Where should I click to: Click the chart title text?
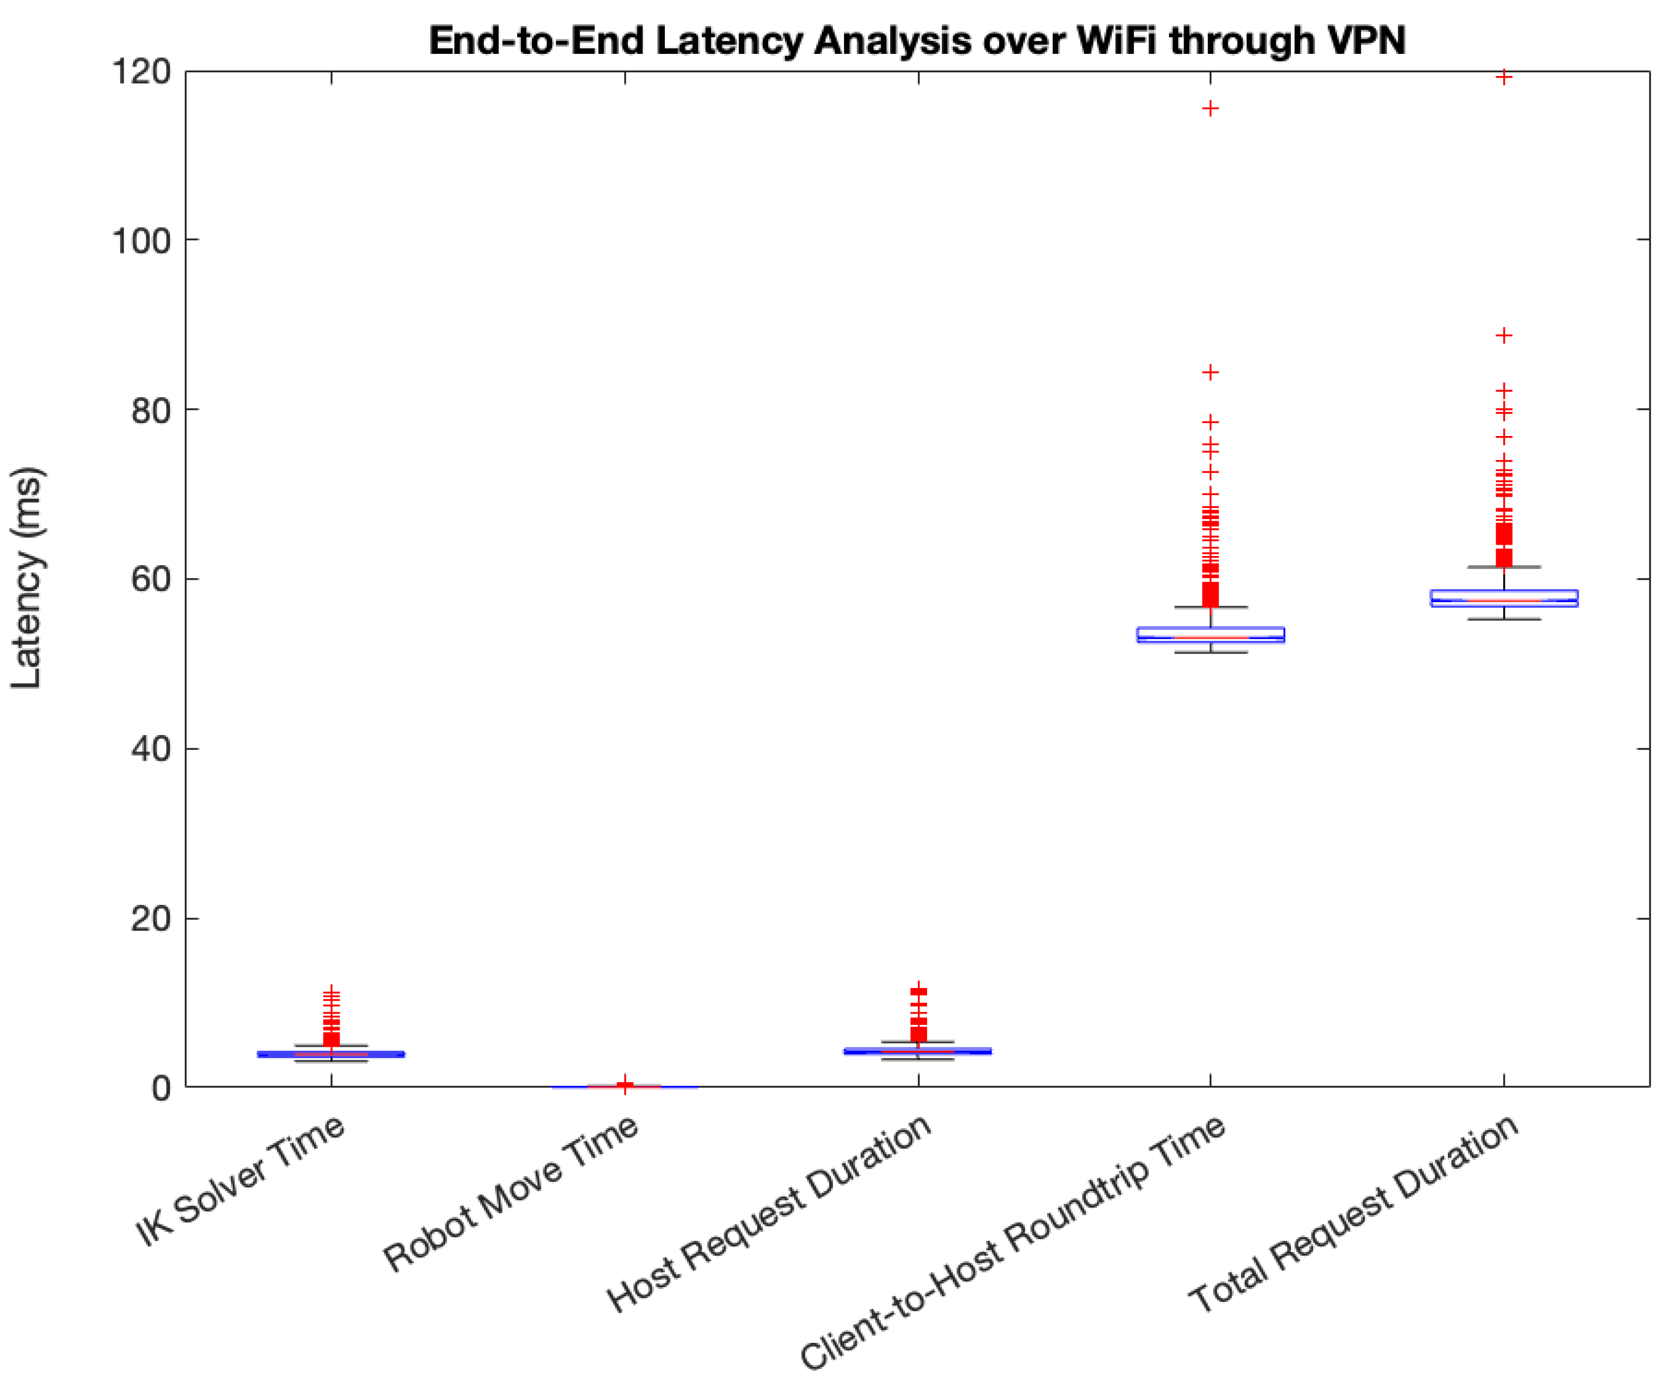pyautogui.click(x=917, y=40)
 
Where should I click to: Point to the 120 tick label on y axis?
pyautogui.click(x=142, y=72)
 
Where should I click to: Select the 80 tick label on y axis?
pyautogui.click(x=151, y=410)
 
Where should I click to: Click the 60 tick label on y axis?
pyautogui.click(x=151, y=579)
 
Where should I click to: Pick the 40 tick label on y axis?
pyautogui.click(x=151, y=748)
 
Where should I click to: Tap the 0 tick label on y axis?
pyautogui.click(x=162, y=1088)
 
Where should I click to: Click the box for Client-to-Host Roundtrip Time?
pyautogui.click(x=1210, y=634)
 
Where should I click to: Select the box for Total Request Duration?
pyautogui.click(x=1504, y=598)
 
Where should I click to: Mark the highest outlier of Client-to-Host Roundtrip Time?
pyautogui.click(x=1210, y=108)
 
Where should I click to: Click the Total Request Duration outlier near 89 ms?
pyautogui.click(x=1504, y=335)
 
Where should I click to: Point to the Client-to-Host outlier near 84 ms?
pyautogui.click(x=1210, y=372)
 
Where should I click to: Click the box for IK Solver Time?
pyautogui.click(x=331, y=1055)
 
